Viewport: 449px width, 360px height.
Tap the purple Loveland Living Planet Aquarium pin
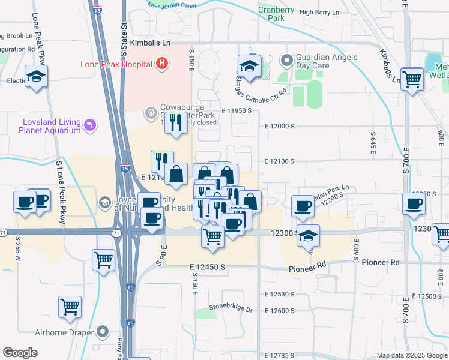coord(90,124)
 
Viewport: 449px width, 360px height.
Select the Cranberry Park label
coord(276,14)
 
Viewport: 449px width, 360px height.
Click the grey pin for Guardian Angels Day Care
coord(286,61)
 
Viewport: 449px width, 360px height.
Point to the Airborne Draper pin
coord(103,331)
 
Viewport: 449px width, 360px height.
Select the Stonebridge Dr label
coord(231,308)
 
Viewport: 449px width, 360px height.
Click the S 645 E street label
coord(373,142)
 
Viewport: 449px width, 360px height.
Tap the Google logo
coord(20,353)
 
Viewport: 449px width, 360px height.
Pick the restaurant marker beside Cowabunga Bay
coord(175,123)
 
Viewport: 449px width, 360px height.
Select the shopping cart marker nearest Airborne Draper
coord(70,307)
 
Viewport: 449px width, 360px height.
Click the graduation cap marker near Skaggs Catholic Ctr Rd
coord(249,66)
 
